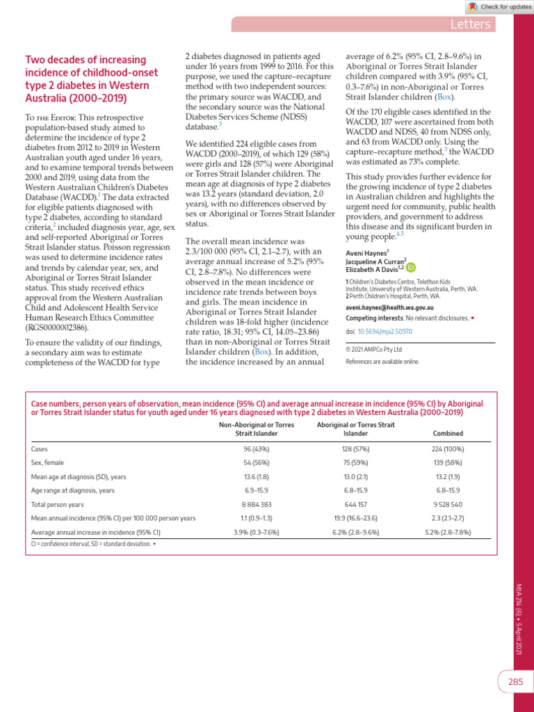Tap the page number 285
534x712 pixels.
click(x=515, y=682)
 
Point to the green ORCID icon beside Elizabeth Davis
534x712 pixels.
click(x=411, y=268)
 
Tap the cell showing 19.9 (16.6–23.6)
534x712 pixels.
click(x=355, y=518)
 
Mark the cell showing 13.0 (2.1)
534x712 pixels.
click(x=355, y=476)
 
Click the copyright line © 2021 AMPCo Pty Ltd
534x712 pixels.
click(x=374, y=350)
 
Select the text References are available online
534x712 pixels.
click(x=382, y=362)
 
